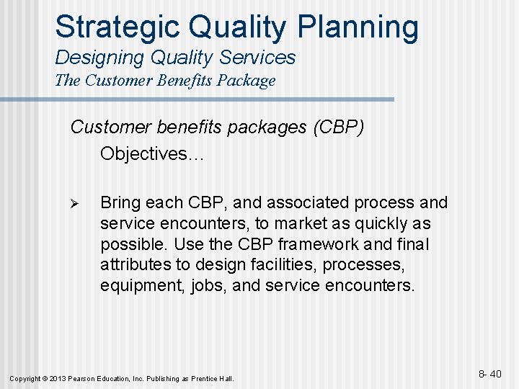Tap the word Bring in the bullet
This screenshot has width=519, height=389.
click(123, 203)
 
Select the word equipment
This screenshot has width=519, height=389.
click(142, 286)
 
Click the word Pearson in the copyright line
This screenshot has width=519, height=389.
click(84, 378)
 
